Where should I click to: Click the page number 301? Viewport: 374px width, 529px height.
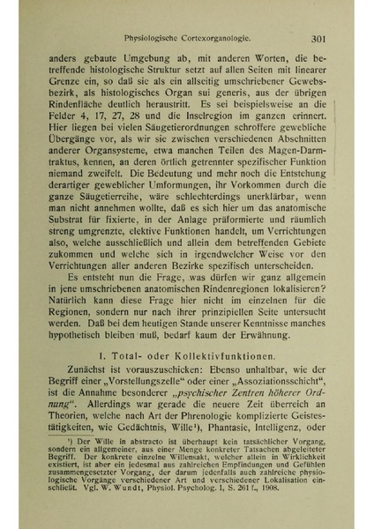(319, 38)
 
